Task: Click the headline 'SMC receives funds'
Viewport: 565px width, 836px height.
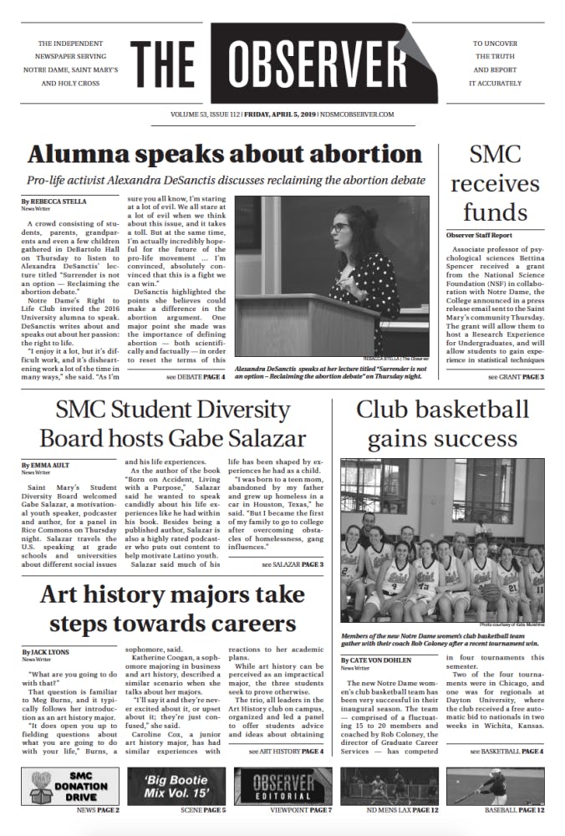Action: point(496,182)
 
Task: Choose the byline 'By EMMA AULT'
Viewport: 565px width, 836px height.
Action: point(47,464)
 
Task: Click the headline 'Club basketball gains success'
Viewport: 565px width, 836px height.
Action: point(442,423)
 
